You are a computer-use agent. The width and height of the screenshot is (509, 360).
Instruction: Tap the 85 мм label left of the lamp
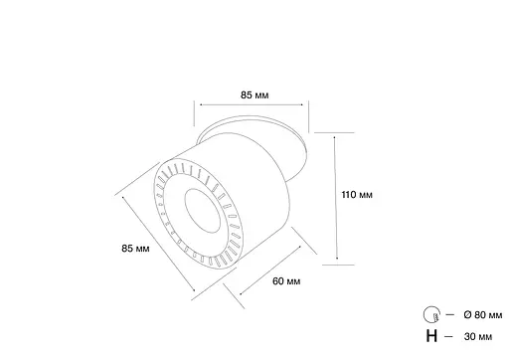(x=135, y=248)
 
